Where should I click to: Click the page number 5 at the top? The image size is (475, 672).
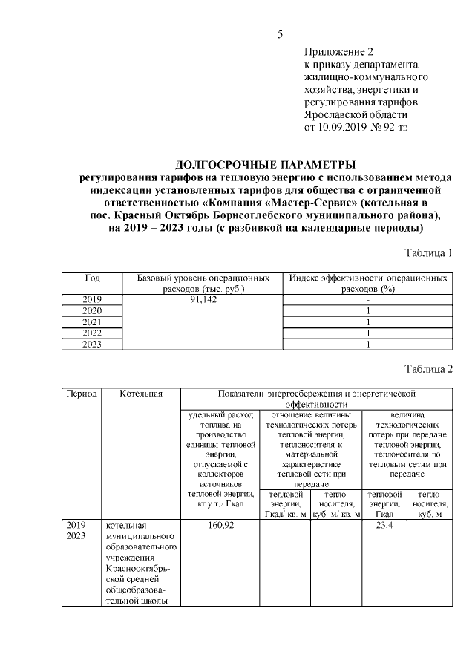280,34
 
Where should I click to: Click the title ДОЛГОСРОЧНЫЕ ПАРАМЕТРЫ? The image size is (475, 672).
265,164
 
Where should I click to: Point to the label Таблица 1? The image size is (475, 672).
427,254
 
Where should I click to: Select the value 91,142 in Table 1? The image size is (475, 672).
203,299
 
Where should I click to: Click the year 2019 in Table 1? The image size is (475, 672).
92,299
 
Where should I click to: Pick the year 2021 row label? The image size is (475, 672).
92,322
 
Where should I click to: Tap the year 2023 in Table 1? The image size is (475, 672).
92,344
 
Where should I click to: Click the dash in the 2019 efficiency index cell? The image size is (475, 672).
367,299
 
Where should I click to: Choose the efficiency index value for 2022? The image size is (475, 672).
367,333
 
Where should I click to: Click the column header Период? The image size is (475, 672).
82,393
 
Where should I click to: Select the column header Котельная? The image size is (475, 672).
140,393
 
